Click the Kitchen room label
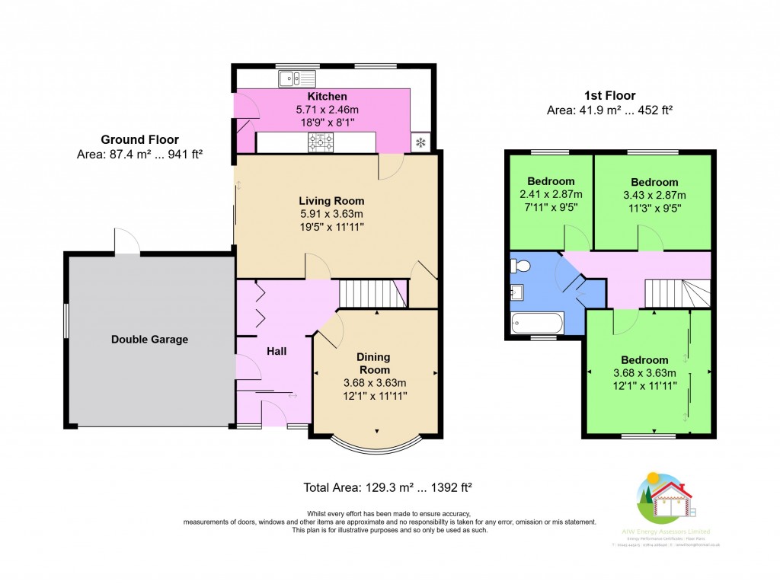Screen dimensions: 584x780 click(327, 97)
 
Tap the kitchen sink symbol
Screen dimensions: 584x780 click(297, 77)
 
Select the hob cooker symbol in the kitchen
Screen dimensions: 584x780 click(321, 141)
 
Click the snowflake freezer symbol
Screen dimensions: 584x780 click(420, 142)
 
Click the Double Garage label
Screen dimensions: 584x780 click(149, 340)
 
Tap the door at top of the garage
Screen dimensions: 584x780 click(126, 241)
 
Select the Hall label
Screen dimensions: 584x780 click(277, 351)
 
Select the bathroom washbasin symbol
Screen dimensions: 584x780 click(516, 291)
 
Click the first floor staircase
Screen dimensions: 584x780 click(677, 293)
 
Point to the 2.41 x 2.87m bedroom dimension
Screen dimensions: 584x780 click(551, 194)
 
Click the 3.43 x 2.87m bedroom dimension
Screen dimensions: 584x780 click(654, 194)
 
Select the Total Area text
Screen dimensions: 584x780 click(389, 487)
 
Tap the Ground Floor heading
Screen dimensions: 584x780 click(139, 140)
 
